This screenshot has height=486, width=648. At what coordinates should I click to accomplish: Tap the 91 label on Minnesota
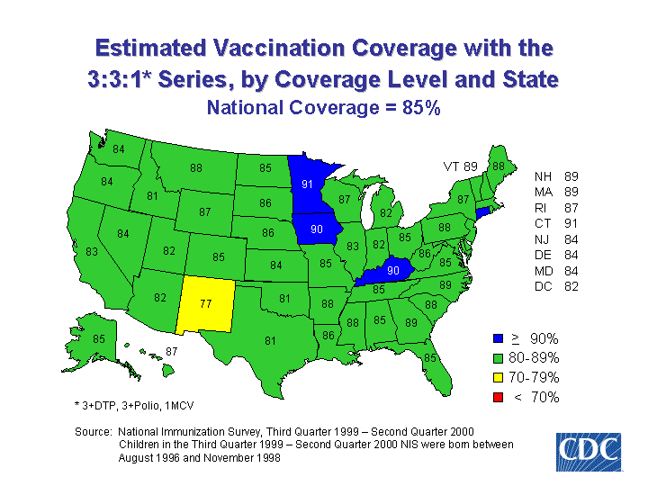pyautogui.click(x=308, y=185)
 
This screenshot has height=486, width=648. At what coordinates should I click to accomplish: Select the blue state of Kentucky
pyautogui.click(x=392, y=270)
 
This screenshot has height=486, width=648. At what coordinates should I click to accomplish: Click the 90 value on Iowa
pyautogui.click(x=317, y=229)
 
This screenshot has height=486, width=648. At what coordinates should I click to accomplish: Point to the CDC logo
pyautogui.click(x=588, y=451)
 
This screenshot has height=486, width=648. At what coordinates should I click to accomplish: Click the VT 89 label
pyautogui.click(x=459, y=166)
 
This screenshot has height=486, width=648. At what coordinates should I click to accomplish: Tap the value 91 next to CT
pyautogui.click(x=571, y=223)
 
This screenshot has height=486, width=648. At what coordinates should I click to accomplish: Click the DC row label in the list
pyautogui.click(x=541, y=287)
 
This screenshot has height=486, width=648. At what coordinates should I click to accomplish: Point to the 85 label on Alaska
pyautogui.click(x=100, y=339)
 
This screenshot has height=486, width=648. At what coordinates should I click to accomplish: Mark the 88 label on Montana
pyautogui.click(x=195, y=168)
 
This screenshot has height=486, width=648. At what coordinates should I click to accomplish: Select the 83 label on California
pyautogui.click(x=91, y=252)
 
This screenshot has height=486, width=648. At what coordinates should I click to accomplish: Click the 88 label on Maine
pyautogui.click(x=498, y=166)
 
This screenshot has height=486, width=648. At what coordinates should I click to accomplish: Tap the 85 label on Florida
pyautogui.click(x=430, y=358)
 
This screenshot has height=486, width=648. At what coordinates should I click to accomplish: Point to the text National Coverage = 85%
pyautogui.click(x=323, y=108)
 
